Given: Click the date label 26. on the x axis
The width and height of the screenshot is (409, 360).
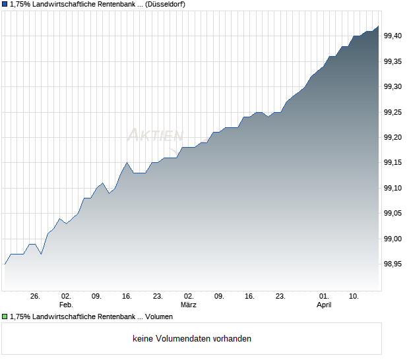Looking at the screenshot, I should (36, 297).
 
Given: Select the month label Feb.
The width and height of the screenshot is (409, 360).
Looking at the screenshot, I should (66, 305).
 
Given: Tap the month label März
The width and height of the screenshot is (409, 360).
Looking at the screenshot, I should (189, 305).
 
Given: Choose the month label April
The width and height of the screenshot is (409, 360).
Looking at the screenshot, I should (323, 305).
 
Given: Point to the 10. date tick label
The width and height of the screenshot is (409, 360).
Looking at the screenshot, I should (354, 297).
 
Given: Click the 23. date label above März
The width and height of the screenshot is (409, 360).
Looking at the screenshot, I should (158, 297).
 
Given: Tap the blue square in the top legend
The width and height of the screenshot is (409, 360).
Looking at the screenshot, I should (5, 4).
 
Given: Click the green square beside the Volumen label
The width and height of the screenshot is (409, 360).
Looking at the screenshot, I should (5, 316).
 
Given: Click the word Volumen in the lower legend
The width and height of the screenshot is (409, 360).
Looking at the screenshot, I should (158, 316).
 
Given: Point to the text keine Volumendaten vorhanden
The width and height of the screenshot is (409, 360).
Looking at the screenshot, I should (192, 339).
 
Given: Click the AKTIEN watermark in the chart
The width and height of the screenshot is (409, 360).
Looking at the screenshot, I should (154, 135).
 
